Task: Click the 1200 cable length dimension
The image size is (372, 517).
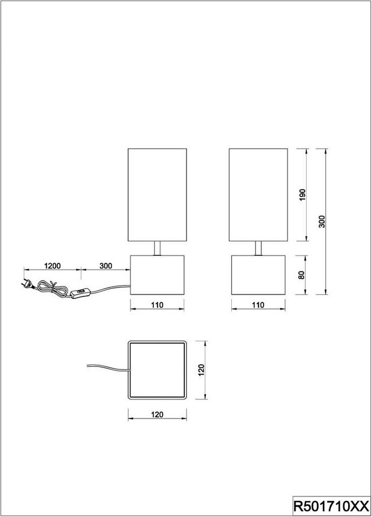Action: pyautogui.click(x=52, y=266)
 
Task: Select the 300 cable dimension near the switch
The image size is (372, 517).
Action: pyautogui.click(x=106, y=266)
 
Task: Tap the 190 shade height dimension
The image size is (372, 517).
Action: pyautogui.click(x=302, y=195)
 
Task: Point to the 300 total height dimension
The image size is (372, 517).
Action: pyautogui.click(x=322, y=221)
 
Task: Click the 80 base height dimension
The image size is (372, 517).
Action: pyautogui.click(x=301, y=275)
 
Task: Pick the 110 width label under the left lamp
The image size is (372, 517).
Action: pyautogui.click(x=157, y=305)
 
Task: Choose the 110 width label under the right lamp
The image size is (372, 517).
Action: pyautogui.click(x=258, y=305)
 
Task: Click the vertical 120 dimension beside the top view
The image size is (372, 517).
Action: pyautogui.click(x=201, y=370)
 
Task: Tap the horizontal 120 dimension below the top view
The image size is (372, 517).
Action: pyautogui.click(x=157, y=415)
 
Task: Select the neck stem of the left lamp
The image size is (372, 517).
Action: pyautogui.click(x=157, y=248)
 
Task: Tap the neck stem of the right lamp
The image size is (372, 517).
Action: pyautogui.click(x=258, y=248)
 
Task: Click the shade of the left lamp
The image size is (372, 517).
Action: pyautogui.click(x=157, y=195)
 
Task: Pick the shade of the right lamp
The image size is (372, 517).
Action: pyautogui.click(x=258, y=195)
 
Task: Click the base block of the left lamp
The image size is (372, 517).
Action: pyautogui.click(x=157, y=275)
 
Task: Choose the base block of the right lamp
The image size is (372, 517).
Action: pyautogui.click(x=258, y=275)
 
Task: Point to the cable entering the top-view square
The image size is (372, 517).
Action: pyautogui.click(x=107, y=368)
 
